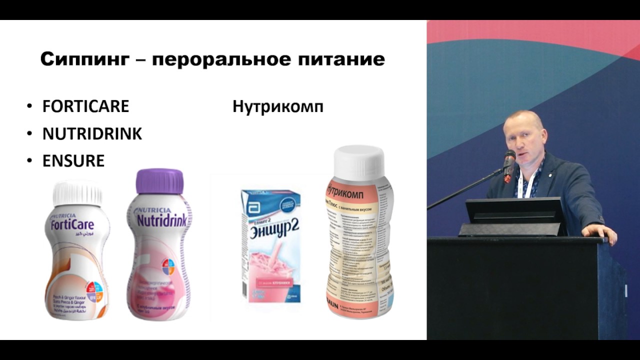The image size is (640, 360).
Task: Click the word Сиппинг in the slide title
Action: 83,59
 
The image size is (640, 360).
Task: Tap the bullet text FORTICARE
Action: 85,106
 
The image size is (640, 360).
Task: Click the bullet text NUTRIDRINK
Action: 92,134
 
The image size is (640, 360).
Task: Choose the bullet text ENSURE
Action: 73,161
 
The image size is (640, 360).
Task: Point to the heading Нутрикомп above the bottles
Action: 277,106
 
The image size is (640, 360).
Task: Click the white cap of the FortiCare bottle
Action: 77,193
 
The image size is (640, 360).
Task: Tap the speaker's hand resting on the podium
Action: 602,231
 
